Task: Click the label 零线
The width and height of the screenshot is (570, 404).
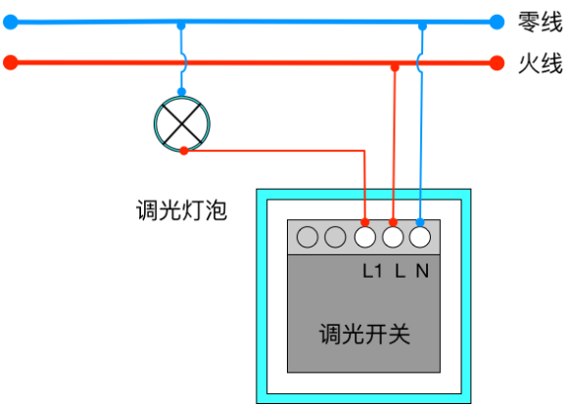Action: [541, 22]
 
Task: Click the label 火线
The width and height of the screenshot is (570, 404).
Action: [541, 64]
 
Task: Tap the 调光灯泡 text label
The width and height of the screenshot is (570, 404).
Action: [181, 210]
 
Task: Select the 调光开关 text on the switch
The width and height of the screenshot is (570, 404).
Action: [364, 334]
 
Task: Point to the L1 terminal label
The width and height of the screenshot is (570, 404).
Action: [372, 271]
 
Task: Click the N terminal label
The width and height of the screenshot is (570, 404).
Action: [422, 271]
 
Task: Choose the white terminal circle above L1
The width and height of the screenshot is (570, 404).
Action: [365, 237]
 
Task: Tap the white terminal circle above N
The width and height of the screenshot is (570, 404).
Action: [420, 237]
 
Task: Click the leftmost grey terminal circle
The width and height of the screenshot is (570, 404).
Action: [308, 237]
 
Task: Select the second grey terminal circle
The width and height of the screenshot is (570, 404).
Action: [335, 237]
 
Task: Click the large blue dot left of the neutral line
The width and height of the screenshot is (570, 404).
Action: [11, 22]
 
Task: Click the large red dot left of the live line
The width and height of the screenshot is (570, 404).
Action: [11, 63]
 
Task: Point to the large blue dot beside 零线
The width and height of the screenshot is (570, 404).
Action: [497, 22]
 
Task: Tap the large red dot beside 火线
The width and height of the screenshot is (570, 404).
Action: [497, 63]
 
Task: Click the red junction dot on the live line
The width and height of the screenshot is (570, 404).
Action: [395, 67]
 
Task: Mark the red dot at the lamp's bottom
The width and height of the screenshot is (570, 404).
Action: [184, 151]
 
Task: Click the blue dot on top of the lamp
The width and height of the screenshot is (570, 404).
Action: [181, 92]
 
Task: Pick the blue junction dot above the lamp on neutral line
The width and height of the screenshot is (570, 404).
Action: [181, 26]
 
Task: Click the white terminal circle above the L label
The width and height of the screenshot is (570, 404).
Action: [393, 237]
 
